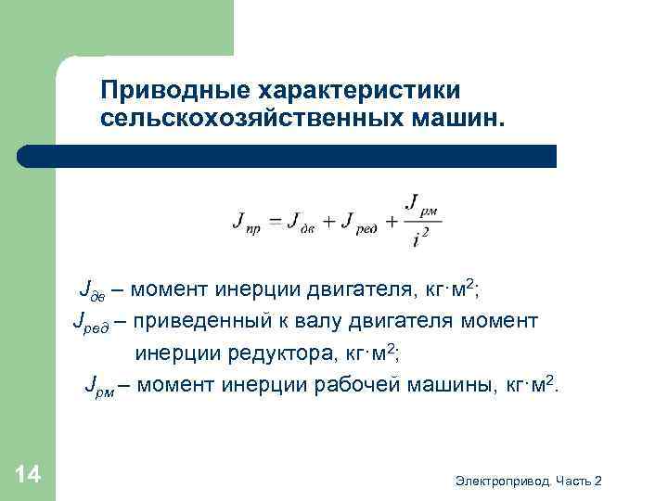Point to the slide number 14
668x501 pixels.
(x=28, y=476)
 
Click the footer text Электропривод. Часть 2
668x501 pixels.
(x=529, y=481)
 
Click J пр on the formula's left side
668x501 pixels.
(x=247, y=224)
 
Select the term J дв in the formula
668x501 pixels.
(x=304, y=224)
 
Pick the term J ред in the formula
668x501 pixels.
(x=358, y=224)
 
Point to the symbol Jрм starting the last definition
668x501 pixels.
(x=101, y=384)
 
